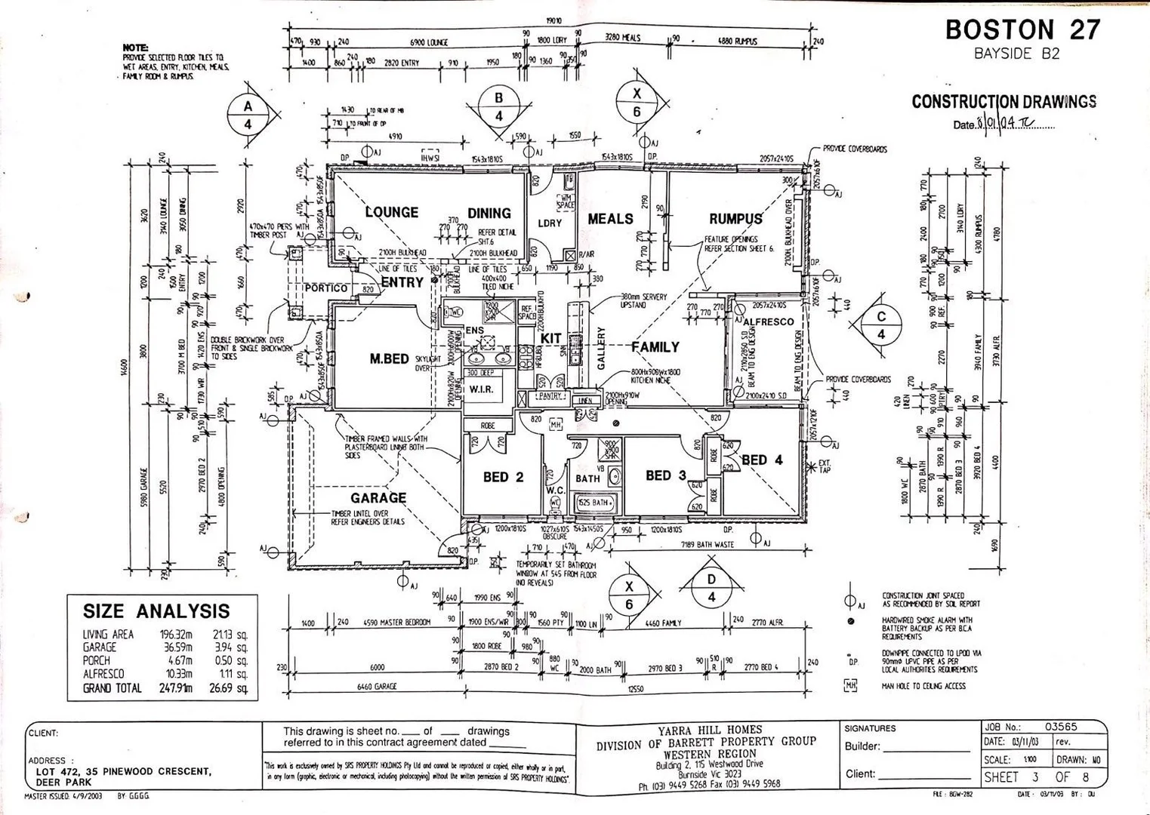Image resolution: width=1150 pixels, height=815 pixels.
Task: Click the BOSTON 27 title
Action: click(x=1022, y=29)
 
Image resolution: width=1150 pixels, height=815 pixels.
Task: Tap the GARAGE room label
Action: click(x=378, y=498)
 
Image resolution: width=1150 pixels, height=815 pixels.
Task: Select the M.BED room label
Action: click(x=389, y=359)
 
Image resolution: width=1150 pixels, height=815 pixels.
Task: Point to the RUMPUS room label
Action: click(x=735, y=219)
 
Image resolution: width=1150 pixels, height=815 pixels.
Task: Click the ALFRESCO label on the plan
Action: click(x=769, y=321)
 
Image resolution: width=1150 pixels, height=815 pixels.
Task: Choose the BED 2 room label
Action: click(x=503, y=477)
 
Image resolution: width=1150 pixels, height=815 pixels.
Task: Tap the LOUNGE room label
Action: click(x=392, y=212)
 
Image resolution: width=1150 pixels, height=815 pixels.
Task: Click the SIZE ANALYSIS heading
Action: click(x=156, y=611)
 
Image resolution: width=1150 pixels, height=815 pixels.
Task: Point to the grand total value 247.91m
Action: click(x=176, y=688)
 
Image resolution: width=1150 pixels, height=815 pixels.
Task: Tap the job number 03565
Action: click(x=1061, y=727)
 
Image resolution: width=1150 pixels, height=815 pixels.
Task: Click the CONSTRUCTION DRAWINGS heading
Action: click(x=1004, y=102)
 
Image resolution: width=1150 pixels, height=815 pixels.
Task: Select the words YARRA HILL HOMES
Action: click(x=710, y=730)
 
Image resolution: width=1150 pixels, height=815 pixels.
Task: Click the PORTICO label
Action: click(x=326, y=288)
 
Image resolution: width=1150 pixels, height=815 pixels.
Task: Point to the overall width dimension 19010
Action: click(x=553, y=22)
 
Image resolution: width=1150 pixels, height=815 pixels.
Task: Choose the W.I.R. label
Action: click(x=481, y=389)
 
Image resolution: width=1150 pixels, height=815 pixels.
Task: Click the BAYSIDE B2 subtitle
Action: click(x=1016, y=54)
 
